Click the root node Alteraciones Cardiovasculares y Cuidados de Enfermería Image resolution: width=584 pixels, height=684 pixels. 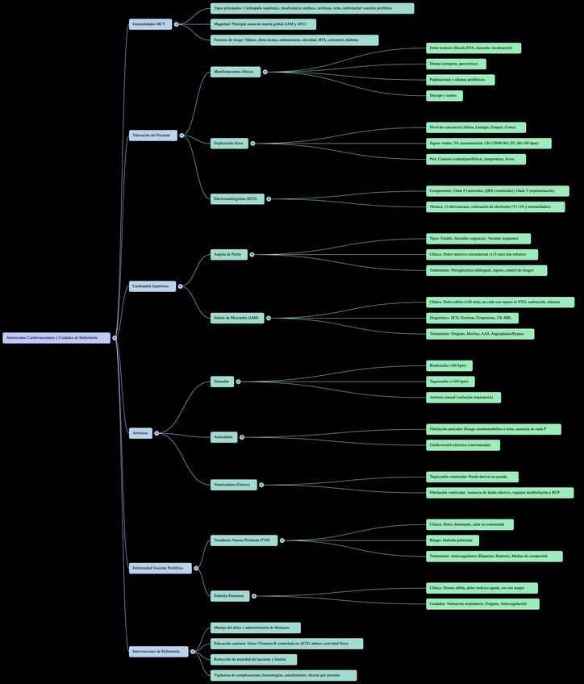tap(56, 338)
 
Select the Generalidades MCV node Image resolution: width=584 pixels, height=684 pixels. tap(150, 24)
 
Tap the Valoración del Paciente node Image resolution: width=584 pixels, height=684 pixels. tap(152, 136)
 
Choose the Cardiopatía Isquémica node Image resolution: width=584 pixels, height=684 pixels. tap(152, 286)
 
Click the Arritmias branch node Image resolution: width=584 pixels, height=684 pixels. tap(140, 433)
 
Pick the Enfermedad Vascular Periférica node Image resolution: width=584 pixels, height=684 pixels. tap(160, 568)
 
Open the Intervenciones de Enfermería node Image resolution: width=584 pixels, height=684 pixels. tap(158, 651)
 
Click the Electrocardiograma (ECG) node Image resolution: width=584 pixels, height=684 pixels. tap(236, 198)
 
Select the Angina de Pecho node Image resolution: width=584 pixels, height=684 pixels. tap(228, 254)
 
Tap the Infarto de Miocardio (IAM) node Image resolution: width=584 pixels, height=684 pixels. tap(237, 318)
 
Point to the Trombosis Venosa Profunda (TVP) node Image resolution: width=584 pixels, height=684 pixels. tap(243, 540)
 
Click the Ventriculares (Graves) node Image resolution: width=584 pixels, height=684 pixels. tap(233, 485)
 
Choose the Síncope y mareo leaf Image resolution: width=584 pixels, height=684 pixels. tap(444, 95)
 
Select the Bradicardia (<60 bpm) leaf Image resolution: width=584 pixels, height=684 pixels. tap(448, 365)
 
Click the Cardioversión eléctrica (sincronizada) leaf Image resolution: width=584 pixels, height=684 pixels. tap(462, 445)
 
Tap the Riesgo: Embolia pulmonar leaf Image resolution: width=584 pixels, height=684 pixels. tap(453, 540)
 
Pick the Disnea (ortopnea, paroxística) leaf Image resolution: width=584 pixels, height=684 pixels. tap(456, 64)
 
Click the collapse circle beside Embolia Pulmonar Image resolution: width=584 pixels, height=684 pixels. tap(254, 596)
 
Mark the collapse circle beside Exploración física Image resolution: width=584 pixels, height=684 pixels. tap(252, 144)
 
